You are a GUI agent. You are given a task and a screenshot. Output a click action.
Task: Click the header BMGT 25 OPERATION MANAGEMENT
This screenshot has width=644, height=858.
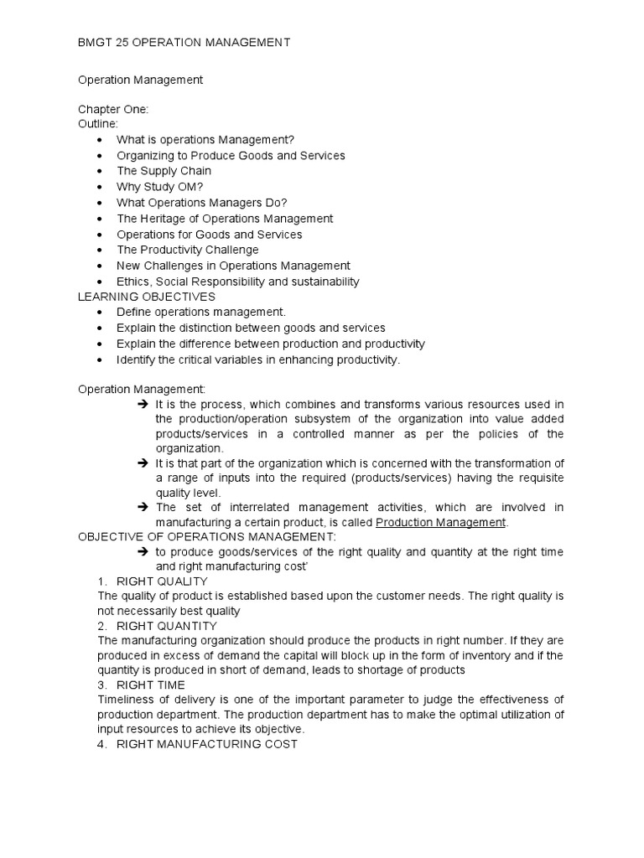click(x=184, y=43)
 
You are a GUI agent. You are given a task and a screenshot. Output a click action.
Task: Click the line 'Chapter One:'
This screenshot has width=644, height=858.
click(x=112, y=109)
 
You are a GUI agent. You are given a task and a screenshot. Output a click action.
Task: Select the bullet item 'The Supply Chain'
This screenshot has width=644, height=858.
click(x=164, y=171)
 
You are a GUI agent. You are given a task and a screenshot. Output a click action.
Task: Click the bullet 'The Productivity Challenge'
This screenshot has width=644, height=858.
click(x=187, y=250)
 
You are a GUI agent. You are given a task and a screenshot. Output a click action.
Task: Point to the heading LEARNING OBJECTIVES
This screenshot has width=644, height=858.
click(x=147, y=297)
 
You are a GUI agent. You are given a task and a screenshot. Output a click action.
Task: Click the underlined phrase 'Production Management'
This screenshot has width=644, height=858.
click(x=440, y=523)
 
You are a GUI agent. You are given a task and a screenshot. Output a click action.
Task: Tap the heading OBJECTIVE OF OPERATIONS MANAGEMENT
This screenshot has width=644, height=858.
click(x=207, y=536)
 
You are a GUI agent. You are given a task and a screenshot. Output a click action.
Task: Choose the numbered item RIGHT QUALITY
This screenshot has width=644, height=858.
click(x=162, y=581)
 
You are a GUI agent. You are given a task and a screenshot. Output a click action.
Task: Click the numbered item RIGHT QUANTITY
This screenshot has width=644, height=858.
click(x=166, y=626)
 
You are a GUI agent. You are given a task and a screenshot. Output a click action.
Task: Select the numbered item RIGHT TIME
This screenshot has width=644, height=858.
click(x=151, y=685)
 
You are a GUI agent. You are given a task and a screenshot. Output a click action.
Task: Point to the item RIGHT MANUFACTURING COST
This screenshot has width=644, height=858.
click(x=206, y=744)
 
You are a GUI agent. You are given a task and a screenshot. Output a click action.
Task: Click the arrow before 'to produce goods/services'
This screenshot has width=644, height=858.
click(x=142, y=552)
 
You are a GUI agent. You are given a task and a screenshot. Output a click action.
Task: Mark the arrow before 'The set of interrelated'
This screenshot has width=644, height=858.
click(x=142, y=507)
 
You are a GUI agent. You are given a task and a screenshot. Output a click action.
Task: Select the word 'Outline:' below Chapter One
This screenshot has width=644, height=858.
click(x=98, y=124)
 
